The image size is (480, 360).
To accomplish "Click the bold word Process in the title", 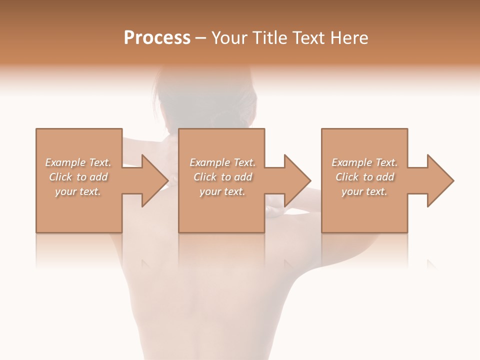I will click(157, 38).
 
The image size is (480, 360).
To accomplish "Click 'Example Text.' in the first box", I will click(78, 162).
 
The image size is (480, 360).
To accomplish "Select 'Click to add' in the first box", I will click(78, 177).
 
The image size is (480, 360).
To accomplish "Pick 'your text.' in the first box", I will click(78, 191).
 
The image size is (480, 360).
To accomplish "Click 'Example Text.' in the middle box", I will click(222, 162).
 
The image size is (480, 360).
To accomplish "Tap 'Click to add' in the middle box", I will click(222, 177).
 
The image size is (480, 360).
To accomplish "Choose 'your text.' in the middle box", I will click(222, 191).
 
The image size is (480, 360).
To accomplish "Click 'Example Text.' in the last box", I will click(364, 162).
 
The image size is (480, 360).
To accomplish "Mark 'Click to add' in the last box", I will click(364, 177).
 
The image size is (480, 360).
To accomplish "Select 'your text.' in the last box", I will click(364, 191).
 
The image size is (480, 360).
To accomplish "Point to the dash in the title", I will click(201, 38).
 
